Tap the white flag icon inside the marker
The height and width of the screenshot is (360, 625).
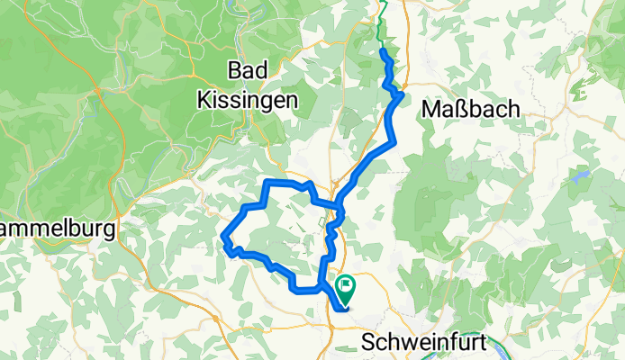[346, 285]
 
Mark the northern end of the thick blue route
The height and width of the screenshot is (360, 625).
[385, 53]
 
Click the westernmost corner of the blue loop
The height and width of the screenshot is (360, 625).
[223, 238]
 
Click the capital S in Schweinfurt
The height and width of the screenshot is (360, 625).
[367, 342]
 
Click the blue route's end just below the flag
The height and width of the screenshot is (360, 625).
[344, 310]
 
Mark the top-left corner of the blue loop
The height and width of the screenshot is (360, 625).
[267, 183]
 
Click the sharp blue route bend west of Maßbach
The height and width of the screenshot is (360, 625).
[400, 94]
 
